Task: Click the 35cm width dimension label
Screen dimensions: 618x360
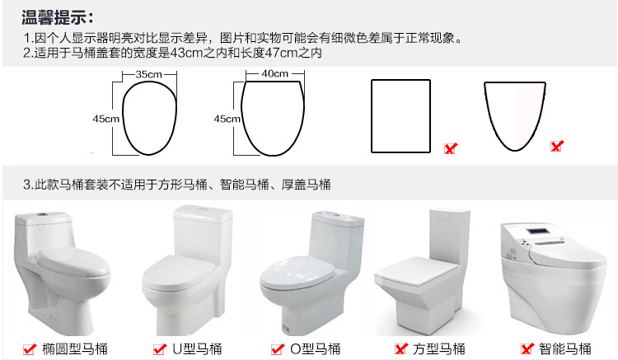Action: click(x=148, y=74)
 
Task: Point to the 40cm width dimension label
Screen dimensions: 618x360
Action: click(x=274, y=73)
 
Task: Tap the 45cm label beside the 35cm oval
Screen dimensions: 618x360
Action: click(x=105, y=119)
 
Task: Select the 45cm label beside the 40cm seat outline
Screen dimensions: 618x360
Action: click(x=227, y=119)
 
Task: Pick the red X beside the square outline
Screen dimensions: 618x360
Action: click(x=451, y=148)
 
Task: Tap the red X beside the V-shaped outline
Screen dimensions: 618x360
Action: click(x=557, y=146)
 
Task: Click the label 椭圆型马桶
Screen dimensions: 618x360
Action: click(x=75, y=348)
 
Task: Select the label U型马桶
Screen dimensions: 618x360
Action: click(x=197, y=348)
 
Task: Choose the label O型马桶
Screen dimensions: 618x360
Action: click(x=316, y=348)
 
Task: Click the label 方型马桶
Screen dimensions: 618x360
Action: click(x=439, y=348)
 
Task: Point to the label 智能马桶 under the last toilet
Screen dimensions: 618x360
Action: click(x=565, y=348)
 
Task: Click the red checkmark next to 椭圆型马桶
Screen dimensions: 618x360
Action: click(x=30, y=348)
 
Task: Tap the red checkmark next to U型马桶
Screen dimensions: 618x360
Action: click(x=160, y=348)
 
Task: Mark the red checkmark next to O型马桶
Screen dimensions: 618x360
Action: click(x=278, y=348)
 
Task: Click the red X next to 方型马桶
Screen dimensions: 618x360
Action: click(x=400, y=348)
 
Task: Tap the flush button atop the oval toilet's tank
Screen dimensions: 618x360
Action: click(x=41, y=216)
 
